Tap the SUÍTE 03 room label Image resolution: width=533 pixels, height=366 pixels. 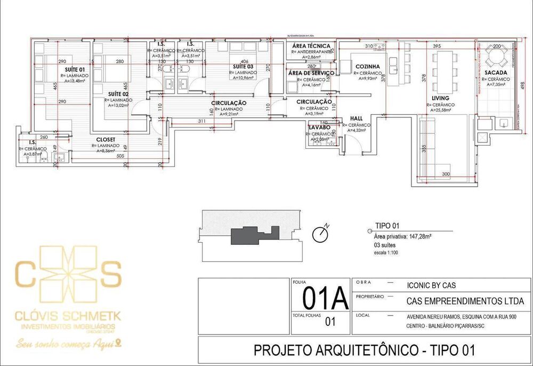pos(243,66)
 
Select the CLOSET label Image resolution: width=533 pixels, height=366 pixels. pos(106,140)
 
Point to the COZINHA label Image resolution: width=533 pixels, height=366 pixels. pos(368,66)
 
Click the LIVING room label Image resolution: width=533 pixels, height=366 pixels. pos(440,99)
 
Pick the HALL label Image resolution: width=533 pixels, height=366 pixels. pos(357,118)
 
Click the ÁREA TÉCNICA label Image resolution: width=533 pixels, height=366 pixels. pos(311,46)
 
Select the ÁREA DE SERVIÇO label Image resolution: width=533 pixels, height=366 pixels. pos(311,73)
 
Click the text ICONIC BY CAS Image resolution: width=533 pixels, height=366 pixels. pos(431,285)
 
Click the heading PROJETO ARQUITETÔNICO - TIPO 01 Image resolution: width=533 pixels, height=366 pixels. pos(364,351)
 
